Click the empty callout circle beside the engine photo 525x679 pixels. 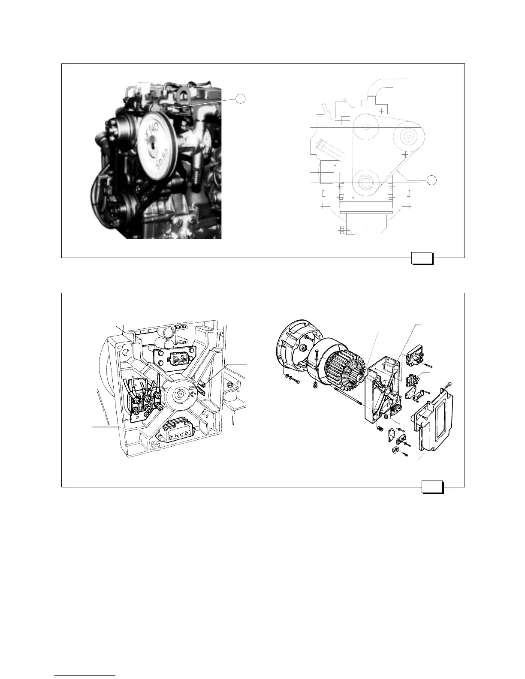(x=241, y=99)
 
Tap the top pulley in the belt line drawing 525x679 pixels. (x=365, y=127)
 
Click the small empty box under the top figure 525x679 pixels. (x=422, y=258)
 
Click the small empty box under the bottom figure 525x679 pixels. (x=432, y=487)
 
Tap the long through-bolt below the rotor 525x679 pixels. (x=347, y=397)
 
